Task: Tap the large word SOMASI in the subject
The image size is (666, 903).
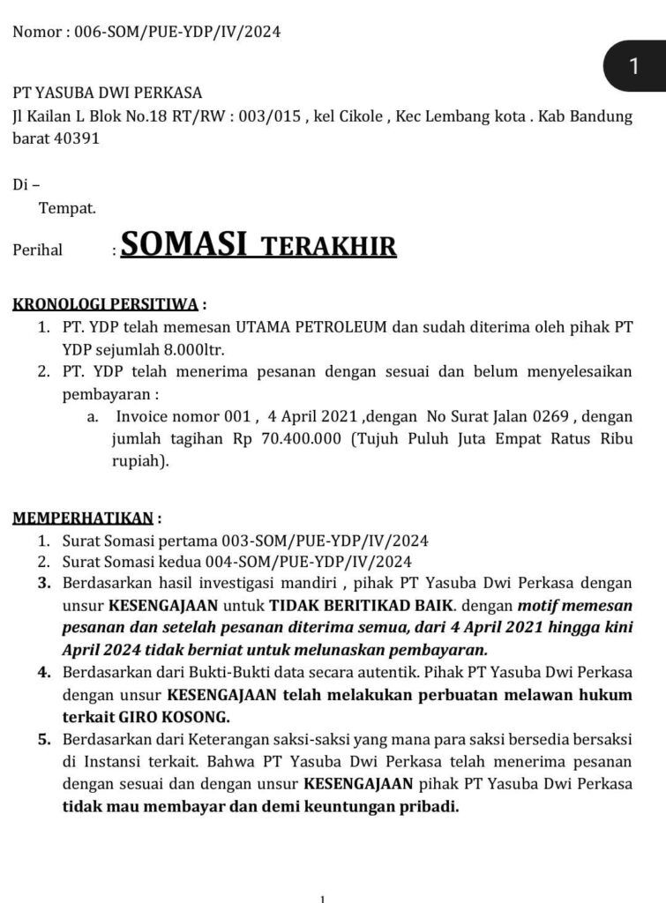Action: point(183,245)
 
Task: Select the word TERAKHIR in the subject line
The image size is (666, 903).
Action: point(331,248)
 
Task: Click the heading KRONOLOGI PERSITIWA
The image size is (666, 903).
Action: point(105,306)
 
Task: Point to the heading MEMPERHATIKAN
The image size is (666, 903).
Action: point(84,519)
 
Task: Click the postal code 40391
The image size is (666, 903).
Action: point(78,138)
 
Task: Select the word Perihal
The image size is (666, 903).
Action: point(38,250)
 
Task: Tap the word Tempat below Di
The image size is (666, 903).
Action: point(67,209)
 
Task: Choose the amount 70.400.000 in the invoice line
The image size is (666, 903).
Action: point(301,439)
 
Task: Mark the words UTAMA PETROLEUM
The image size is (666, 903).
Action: point(304,328)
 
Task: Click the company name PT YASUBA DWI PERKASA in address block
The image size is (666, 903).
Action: point(107,93)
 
